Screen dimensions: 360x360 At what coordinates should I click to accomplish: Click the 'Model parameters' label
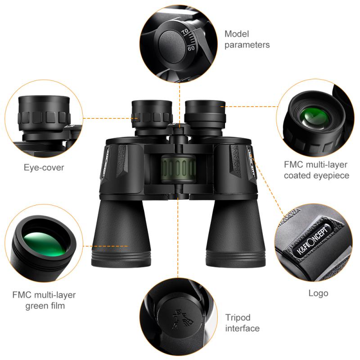[x=247, y=39]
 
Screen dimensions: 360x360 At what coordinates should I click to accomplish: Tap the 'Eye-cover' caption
[x=44, y=168]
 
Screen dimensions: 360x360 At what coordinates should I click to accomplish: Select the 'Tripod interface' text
[x=242, y=323]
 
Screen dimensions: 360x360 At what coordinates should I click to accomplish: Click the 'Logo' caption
[x=318, y=293]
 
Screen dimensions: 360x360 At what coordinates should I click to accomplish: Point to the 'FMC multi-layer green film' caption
[x=44, y=301]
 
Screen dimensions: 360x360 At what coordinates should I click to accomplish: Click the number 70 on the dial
[x=184, y=32]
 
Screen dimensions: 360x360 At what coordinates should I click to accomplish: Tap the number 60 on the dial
[x=191, y=48]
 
